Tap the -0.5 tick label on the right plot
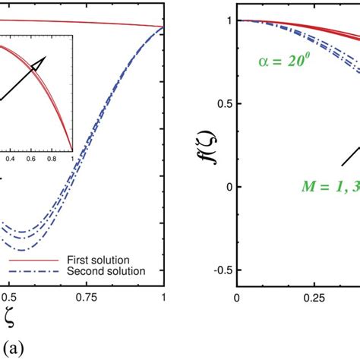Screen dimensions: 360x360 (x=219, y=270)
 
